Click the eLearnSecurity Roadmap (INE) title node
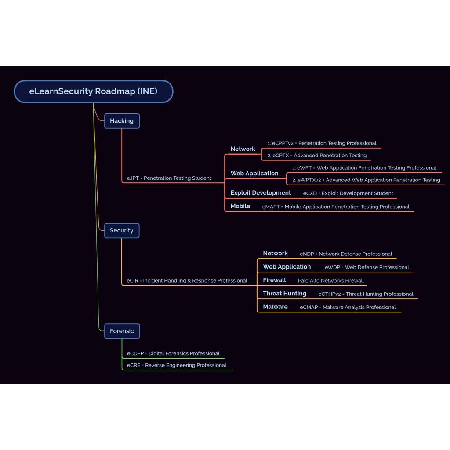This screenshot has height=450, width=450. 93,91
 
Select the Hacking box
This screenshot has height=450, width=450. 122,121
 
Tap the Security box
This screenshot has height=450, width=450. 122,230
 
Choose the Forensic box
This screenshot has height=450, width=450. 122,331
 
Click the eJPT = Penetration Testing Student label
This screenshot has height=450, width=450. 169,178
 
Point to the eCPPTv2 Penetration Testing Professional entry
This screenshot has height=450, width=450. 322,143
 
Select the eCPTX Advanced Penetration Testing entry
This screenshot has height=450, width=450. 316,156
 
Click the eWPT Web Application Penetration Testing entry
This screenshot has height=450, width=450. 364,168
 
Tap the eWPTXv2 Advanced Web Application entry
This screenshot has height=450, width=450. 366,180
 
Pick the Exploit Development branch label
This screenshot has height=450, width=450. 261,193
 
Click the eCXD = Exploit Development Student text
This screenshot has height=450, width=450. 348,193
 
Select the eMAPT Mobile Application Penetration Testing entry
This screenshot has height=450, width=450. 336,207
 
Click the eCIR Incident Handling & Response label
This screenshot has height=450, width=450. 187,280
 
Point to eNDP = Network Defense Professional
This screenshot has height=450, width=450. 346,254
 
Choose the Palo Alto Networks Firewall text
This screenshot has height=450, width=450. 330,280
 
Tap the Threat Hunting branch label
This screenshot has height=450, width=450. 284,294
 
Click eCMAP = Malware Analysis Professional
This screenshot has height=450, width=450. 348,307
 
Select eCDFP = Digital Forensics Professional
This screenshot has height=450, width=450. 173,353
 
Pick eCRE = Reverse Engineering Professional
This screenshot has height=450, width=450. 177,365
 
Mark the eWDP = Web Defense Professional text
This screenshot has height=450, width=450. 367,267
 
